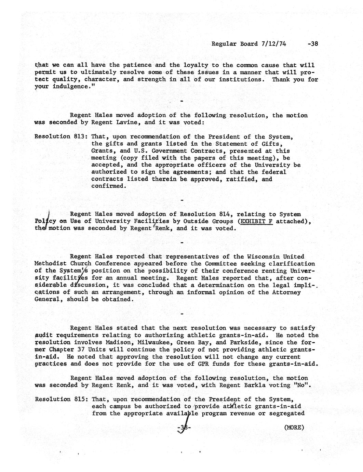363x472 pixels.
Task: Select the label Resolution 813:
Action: (62, 136)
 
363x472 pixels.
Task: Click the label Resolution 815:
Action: (62, 399)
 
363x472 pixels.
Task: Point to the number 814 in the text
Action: (225, 214)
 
